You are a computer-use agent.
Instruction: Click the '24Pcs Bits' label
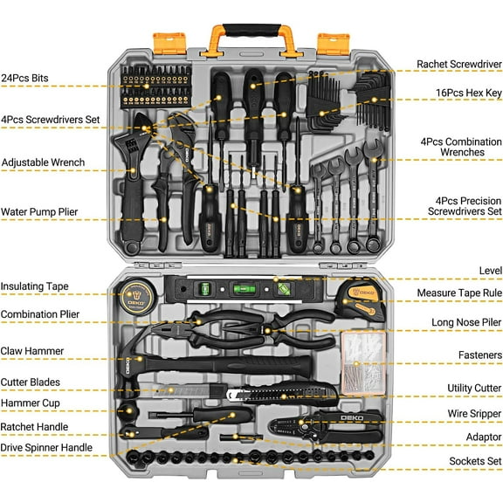tap(24, 78)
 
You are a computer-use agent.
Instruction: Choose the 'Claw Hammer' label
tap(32, 351)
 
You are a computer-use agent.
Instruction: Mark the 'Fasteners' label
tap(479, 355)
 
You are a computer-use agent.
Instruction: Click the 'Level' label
tap(490, 271)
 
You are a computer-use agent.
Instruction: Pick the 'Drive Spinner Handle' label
tap(58, 448)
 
